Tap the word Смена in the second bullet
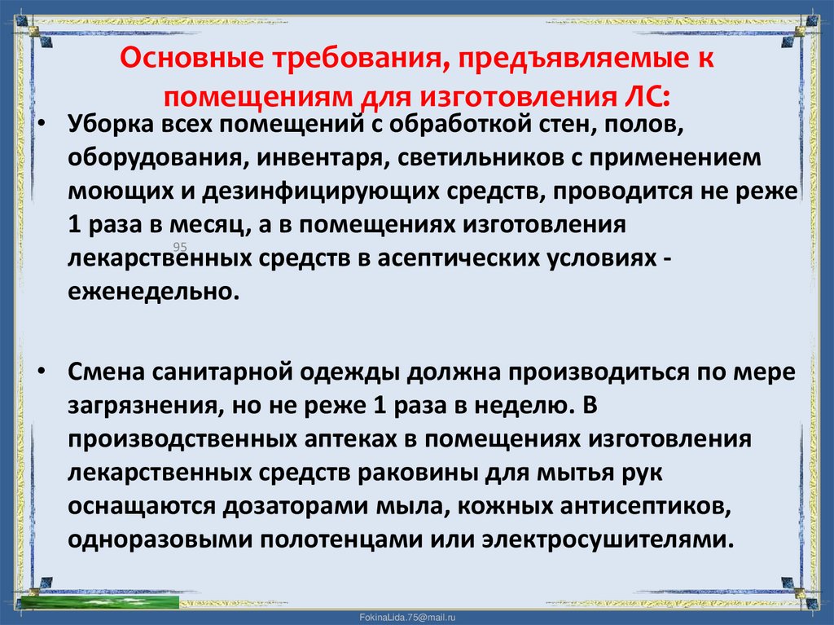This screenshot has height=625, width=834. pos(103,371)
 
